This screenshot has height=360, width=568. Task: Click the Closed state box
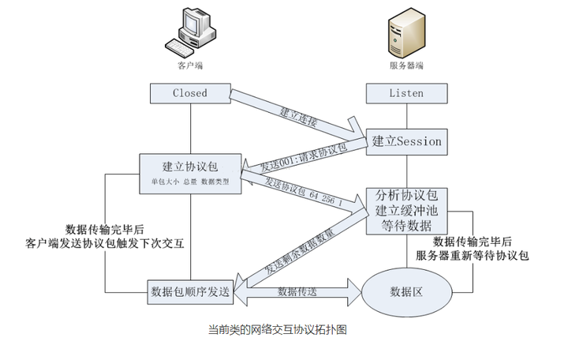click(x=190, y=93)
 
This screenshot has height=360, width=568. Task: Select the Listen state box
click(x=406, y=93)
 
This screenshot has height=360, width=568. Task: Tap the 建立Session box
click(x=406, y=141)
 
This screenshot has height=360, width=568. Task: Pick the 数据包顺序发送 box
click(x=190, y=291)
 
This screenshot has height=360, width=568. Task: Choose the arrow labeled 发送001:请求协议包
click(x=304, y=157)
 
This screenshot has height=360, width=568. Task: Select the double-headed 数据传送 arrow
click(x=298, y=292)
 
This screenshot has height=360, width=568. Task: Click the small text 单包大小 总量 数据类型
click(x=190, y=182)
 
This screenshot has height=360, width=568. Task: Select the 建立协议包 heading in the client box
click(x=190, y=167)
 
